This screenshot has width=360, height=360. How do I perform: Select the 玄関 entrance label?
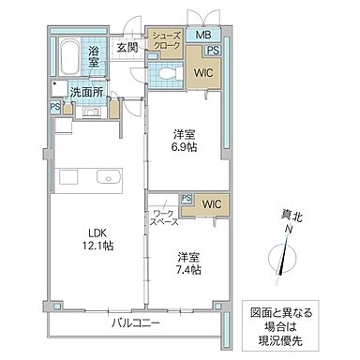[x=127, y=45]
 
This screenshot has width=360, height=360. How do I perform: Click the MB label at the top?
[x=202, y=36]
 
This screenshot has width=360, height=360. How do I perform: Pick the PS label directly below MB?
[x=214, y=51]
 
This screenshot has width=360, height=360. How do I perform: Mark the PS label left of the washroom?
[x=54, y=107]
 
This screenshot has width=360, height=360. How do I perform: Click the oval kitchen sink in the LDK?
[x=106, y=176]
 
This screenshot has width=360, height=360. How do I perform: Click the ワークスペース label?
[x=164, y=219]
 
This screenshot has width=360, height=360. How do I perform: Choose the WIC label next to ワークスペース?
[x=210, y=202]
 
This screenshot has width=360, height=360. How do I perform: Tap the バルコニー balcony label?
[x=137, y=322]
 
